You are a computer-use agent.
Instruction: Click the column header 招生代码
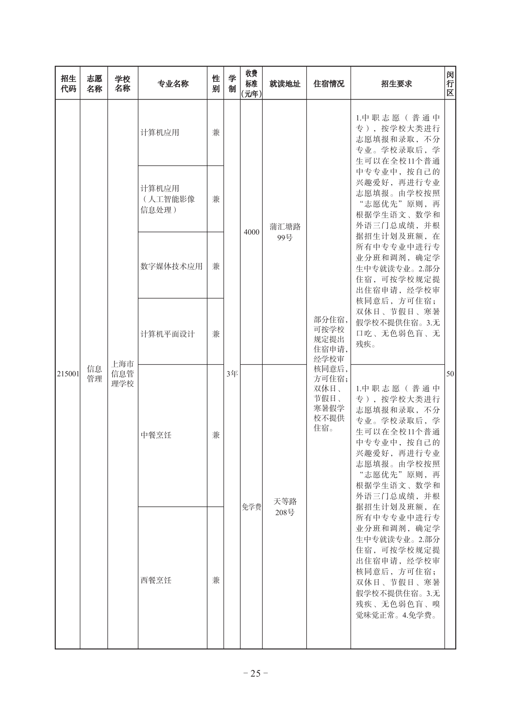click(68, 83)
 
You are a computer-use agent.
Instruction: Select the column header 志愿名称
click(94, 83)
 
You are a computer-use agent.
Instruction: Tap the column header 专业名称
click(173, 83)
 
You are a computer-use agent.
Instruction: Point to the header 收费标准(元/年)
click(251, 83)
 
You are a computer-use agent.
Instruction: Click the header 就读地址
click(284, 83)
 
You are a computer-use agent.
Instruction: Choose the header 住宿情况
click(329, 83)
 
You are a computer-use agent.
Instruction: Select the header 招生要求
click(397, 83)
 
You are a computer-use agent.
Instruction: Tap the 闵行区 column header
click(450, 83)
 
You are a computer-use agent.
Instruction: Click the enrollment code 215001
click(68, 374)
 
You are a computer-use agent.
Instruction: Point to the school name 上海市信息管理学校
click(122, 374)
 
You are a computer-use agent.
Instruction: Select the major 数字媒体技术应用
click(172, 266)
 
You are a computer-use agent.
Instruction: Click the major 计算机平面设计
click(167, 334)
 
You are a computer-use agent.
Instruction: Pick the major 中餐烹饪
click(156, 435)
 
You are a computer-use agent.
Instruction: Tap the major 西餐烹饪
click(156, 580)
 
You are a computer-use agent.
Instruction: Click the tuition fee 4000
click(251, 232)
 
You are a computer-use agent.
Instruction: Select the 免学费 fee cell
click(251, 506)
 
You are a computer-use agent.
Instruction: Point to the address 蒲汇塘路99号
click(285, 232)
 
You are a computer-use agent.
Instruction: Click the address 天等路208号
click(285, 506)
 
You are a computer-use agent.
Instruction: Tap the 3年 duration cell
click(232, 374)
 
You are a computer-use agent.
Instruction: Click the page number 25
click(255, 673)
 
